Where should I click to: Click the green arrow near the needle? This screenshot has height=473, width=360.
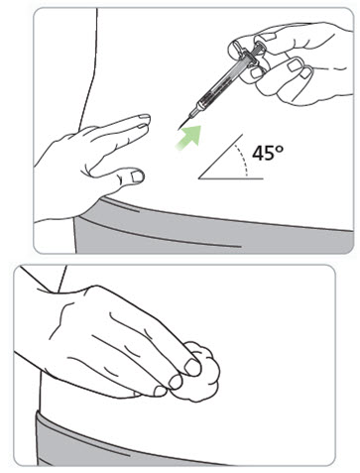coord(189,137)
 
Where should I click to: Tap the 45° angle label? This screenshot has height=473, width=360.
coord(268,153)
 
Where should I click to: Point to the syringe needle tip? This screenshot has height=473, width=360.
coord(180,127)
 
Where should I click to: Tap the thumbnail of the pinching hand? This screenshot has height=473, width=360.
coord(137,177)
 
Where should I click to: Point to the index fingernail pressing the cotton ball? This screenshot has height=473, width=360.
coord(192,367)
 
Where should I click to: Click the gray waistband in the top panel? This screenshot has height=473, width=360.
coord(211,228)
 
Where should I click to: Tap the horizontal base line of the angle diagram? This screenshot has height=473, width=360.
coord(231,178)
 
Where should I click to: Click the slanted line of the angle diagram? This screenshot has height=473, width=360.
coord(220,157)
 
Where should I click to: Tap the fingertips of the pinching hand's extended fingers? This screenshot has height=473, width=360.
coord(145,121)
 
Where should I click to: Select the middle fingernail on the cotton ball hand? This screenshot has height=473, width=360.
coord(176,382)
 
